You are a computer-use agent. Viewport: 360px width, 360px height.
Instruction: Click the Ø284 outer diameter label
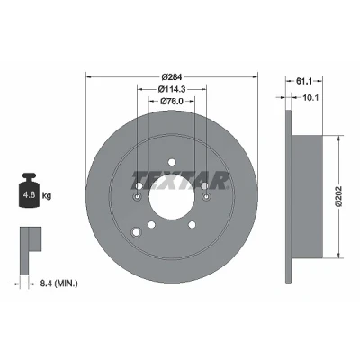pos(172,77)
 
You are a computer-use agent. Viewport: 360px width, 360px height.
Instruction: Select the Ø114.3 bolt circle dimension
pos(172,89)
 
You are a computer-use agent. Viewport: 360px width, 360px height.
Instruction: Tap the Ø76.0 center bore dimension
pos(172,101)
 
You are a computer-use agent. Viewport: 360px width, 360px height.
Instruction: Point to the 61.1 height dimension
pos(304,81)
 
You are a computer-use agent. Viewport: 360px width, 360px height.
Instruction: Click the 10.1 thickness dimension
pos(310,97)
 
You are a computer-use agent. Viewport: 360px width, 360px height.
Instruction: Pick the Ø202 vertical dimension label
pos(338,196)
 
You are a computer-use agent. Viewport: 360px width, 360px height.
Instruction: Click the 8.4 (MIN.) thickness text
pos(58,283)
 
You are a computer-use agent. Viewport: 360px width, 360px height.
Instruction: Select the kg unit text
pos(47,196)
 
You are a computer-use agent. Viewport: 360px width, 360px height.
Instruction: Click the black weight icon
pos(30,190)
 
